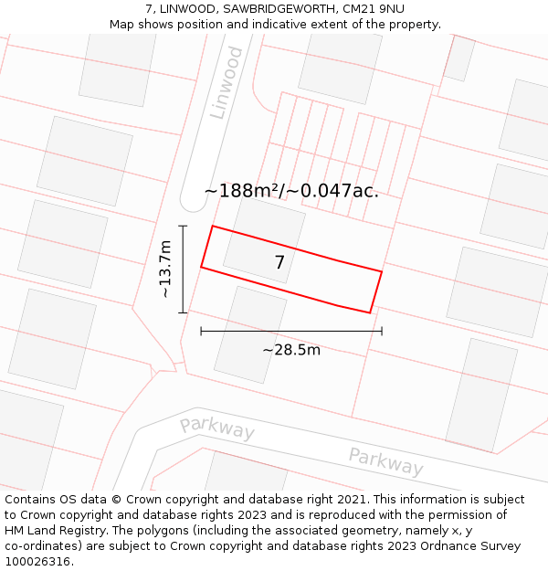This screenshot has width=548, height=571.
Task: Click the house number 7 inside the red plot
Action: pyautogui.click(x=279, y=263)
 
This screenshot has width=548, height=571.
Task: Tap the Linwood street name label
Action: pyautogui.click(x=227, y=82)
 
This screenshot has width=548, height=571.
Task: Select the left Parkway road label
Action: pyautogui.click(x=216, y=427)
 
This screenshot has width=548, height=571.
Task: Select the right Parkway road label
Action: pyautogui.click(x=385, y=461)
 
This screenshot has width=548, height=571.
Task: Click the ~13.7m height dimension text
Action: pyautogui.click(x=164, y=269)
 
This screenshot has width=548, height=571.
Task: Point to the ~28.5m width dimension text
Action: pyautogui.click(x=291, y=350)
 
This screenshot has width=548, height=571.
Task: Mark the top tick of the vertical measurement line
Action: pyautogui.click(x=183, y=226)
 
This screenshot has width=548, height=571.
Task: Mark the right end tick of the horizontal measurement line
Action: pyautogui.click(x=382, y=331)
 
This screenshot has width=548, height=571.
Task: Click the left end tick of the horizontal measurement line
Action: pyautogui.click(x=201, y=331)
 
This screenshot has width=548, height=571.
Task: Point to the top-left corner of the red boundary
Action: pyautogui.click(x=213, y=226)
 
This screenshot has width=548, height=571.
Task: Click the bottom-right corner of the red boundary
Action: pyautogui.click(x=370, y=313)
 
